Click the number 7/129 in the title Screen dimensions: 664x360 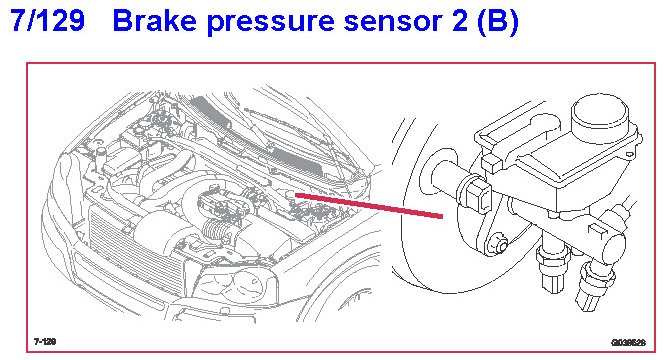[47, 20]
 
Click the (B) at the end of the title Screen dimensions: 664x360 [498, 21]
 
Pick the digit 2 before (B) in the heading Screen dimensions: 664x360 [460, 20]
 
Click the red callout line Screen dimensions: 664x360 [369, 206]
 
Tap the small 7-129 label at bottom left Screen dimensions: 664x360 [45, 341]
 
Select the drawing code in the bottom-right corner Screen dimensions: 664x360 [628, 342]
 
